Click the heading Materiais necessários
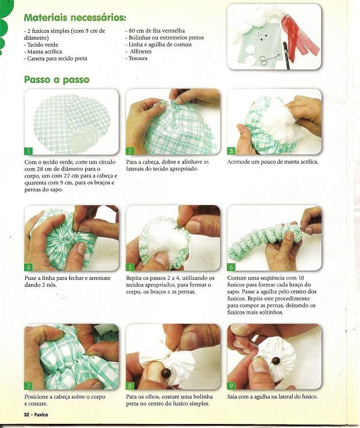[75, 18]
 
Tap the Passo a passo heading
[57, 79]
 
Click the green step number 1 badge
[28, 151]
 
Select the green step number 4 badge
[28, 267]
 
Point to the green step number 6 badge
[231, 267]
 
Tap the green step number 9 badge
[231, 386]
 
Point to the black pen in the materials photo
[286, 56]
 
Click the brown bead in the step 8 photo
[165, 372]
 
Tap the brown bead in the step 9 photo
[276, 361]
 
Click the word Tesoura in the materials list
[138, 58]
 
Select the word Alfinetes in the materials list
[141, 51]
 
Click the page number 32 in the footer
[26, 415]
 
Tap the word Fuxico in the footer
[40, 415]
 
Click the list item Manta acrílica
[44, 52]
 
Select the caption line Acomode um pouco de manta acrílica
[272, 162]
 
